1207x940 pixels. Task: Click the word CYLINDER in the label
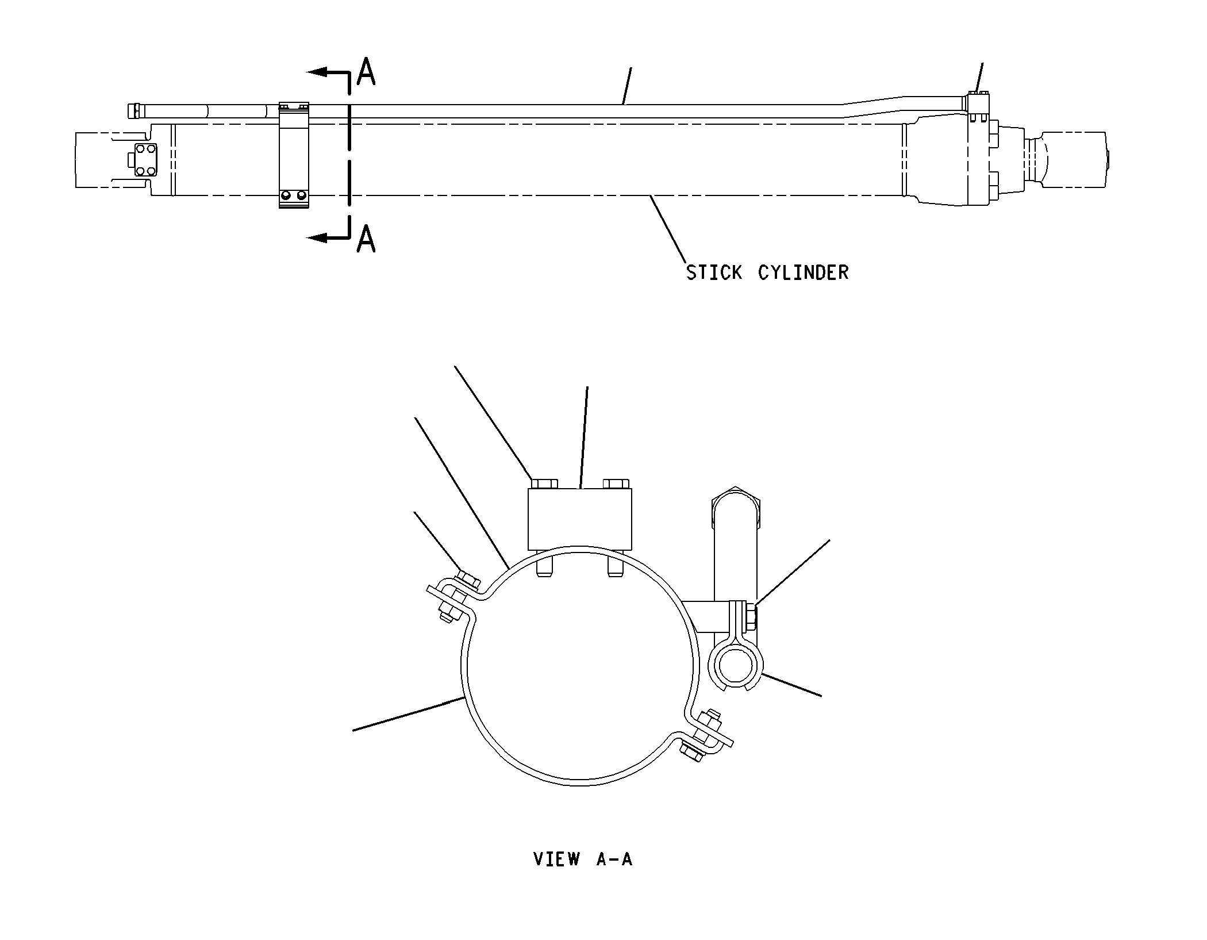point(803,272)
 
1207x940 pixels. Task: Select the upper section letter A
point(366,71)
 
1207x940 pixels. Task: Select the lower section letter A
point(366,239)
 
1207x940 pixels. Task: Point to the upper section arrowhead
point(317,72)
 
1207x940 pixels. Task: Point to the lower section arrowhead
point(317,237)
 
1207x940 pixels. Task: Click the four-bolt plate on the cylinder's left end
point(145,160)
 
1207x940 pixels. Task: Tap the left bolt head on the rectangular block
point(544,484)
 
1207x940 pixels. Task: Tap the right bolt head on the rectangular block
point(616,484)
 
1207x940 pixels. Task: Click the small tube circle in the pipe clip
point(733,666)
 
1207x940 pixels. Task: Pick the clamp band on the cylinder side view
point(294,155)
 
